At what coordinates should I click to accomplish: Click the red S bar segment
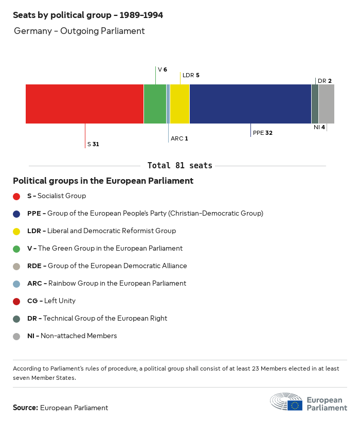84,104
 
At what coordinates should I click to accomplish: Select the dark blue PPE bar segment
250,104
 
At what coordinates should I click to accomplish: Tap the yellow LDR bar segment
179,104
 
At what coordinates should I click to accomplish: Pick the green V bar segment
155,104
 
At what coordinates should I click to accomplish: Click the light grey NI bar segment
327,104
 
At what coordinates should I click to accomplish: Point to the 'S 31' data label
93,145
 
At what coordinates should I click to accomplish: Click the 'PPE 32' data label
262,133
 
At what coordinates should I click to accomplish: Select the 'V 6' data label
162,69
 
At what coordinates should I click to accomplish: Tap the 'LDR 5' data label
191,75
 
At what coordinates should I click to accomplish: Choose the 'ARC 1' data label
179,138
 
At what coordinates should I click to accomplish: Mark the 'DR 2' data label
325,81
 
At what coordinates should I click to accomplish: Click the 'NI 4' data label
319,127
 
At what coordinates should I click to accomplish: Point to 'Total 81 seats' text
179,166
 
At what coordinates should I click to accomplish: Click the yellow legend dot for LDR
16,231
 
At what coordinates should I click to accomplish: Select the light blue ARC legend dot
16,284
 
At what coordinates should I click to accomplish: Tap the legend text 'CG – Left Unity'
51,301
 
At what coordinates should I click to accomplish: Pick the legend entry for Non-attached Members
72,336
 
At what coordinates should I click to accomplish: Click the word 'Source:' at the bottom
25,408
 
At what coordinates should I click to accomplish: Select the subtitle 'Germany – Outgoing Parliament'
79,31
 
